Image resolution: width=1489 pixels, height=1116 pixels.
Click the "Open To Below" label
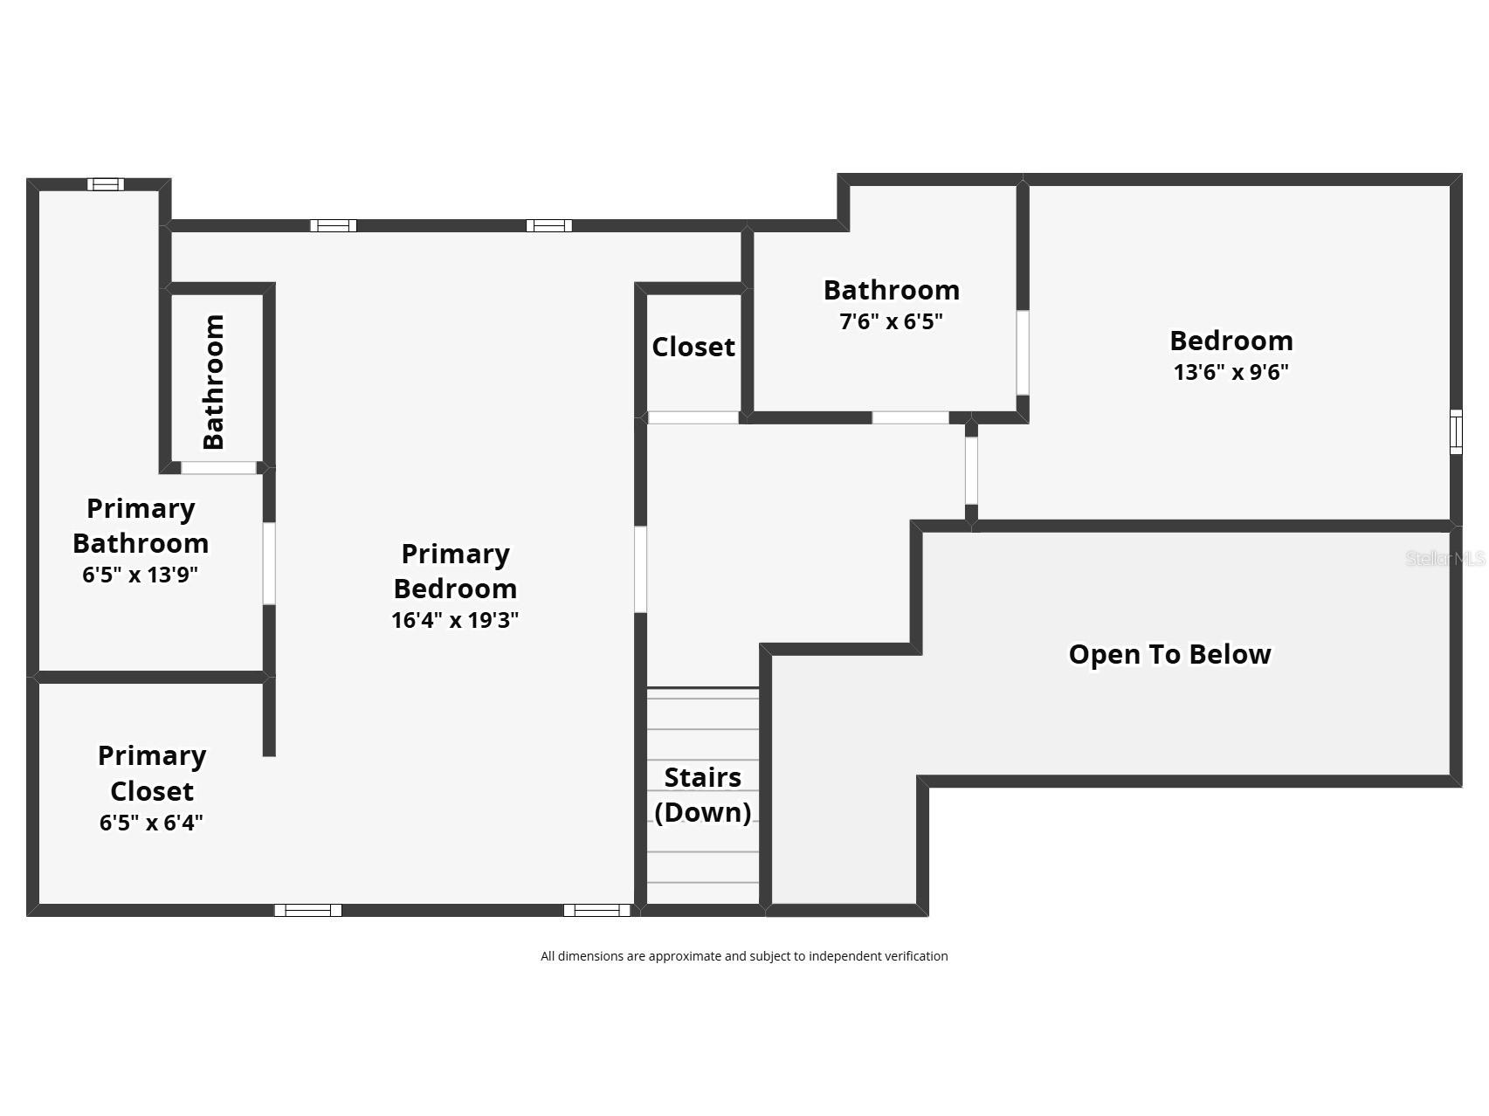pos(1169,654)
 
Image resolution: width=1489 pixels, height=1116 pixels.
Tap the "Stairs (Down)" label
pos(703,795)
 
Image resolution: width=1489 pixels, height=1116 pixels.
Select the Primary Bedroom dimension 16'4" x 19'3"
pos(455,620)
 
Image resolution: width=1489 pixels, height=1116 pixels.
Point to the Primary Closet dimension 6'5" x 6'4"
pos(151,823)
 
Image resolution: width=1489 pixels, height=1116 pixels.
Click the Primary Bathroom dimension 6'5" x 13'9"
pos(141,575)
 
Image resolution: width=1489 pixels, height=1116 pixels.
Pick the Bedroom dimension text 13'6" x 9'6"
pos(1230,372)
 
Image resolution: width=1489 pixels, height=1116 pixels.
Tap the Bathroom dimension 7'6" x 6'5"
pos(891,321)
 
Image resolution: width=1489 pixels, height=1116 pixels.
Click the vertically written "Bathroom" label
pos(214,382)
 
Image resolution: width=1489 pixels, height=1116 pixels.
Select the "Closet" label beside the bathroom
pos(693,347)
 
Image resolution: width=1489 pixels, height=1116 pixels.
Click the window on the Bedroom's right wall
pos(1455,431)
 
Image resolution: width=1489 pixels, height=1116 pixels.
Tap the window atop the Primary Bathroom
pos(106,184)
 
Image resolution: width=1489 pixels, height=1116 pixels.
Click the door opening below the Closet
pos(693,418)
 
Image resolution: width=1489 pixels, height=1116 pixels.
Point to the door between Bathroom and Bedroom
pos(1022,353)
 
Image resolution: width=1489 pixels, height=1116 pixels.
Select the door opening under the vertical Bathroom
pos(218,468)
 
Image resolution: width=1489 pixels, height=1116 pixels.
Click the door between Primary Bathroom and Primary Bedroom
pos(269,563)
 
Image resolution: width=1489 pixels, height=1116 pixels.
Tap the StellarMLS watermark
pos(1444,558)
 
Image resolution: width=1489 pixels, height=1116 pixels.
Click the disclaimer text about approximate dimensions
pos(744,956)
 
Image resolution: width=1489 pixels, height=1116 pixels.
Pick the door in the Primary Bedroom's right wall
pos(640,569)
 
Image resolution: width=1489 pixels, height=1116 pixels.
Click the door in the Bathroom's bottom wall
pos(910,418)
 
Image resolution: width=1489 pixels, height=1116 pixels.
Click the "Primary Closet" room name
pos(152,773)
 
